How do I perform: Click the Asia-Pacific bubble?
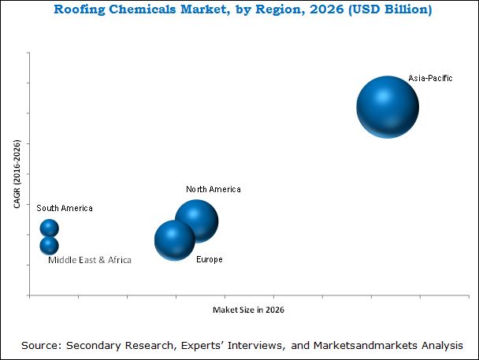click(x=387, y=107)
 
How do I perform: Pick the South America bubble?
click(x=50, y=228)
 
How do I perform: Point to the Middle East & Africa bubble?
click(x=50, y=246)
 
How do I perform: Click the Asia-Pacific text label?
click(x=430, y=79)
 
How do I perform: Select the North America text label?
click(x=214, y=190)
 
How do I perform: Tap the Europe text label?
click(x=209, y=259)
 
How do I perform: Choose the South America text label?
click(x=65, y=208)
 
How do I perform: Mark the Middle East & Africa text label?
click(x=90, y=259)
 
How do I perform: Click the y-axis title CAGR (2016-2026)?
click(x=17, y=174)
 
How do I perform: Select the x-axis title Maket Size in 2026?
click(x=248, y=310)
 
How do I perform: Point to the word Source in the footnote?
click(x=42, y=345)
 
